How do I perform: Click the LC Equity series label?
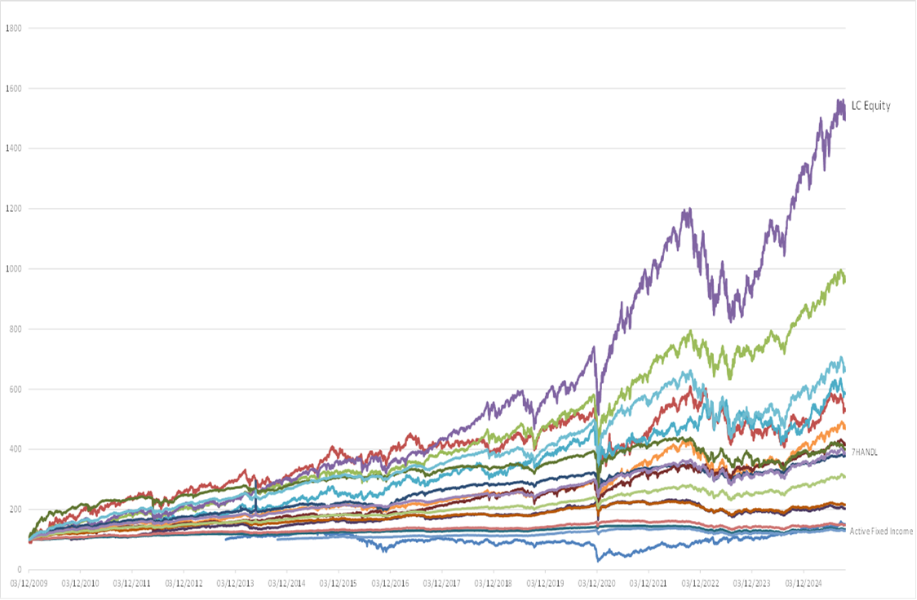click(870, 105)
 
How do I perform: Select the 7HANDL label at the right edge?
click(863, 452)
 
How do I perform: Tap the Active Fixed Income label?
click(881, 532)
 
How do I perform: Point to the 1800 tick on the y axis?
click(13, 28)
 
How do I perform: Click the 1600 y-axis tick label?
click(13, 88)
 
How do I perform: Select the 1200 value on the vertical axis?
click(13, 209)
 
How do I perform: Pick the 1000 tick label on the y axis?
click(13, 269)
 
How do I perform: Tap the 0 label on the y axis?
click(18, 570)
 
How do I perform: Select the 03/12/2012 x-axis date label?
click(184, 584)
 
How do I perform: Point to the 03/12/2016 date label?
click(390, 584)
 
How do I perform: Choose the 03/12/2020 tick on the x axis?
click(597, 584)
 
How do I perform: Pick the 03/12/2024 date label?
click(804, 584)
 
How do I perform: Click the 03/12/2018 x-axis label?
click(494, 584)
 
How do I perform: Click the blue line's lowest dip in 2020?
click(600, 560)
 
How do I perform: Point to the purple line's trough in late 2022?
click(731, 320)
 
